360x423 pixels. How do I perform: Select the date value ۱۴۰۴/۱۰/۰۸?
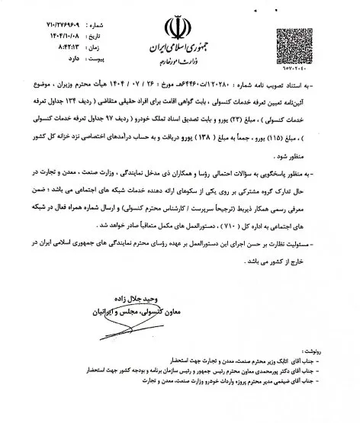pyautogui.click(x=71, y=24)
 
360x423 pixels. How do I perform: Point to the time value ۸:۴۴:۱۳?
pyautogui.click(x=75, y=34)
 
